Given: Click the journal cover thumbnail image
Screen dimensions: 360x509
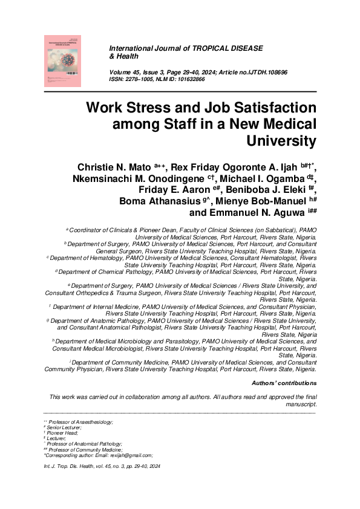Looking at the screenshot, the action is tap(62, 60).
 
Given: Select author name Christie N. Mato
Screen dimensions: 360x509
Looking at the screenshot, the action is tap(115, 166).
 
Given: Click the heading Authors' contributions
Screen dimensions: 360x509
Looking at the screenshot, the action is tap(284, 383).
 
